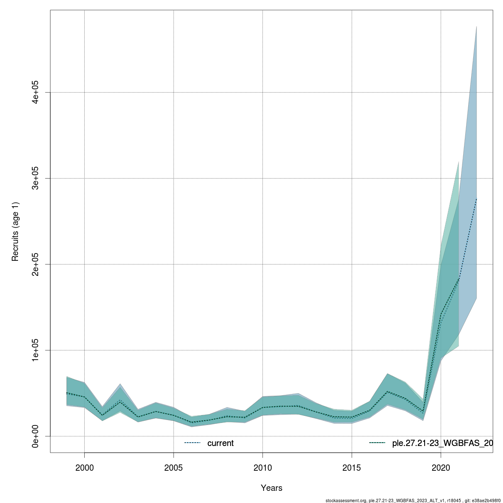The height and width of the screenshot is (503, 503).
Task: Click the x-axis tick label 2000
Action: [x=85, y=468]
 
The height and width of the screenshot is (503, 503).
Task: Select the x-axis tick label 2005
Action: [x=174, y=468]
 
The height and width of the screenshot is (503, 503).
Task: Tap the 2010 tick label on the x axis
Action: [x=263, y=468]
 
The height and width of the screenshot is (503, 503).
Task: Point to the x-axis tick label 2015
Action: [x=352, y=468]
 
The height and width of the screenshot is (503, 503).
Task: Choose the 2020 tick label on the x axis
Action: [x=441, y=468]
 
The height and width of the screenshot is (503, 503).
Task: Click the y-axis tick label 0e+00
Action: [x=36, y=436]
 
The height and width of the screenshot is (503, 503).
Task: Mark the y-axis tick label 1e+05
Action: [x=36, y=350]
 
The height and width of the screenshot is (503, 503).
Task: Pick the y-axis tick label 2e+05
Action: [x=36, y=264]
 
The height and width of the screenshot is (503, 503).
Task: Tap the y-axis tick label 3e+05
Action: [x=36, y=178]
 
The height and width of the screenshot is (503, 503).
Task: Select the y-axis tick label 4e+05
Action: [x=36, y=92]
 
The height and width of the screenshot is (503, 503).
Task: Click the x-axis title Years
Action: [x=271, y=488]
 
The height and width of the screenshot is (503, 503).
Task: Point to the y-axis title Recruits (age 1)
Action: [x=16, y=231]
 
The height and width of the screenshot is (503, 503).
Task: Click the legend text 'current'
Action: [x=220, y=443]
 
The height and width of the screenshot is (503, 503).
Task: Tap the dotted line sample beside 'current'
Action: [x=193, y=443]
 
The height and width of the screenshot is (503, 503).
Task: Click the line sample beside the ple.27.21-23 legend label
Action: [x=377, y=443]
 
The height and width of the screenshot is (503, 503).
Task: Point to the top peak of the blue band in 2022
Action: [x=477, y=26]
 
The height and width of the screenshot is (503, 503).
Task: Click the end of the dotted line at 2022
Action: [x=477, y=199]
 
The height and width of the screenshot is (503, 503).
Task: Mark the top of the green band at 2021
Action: [x=459, y=161]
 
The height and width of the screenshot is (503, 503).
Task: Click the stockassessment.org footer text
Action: [x=413, y=500]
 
